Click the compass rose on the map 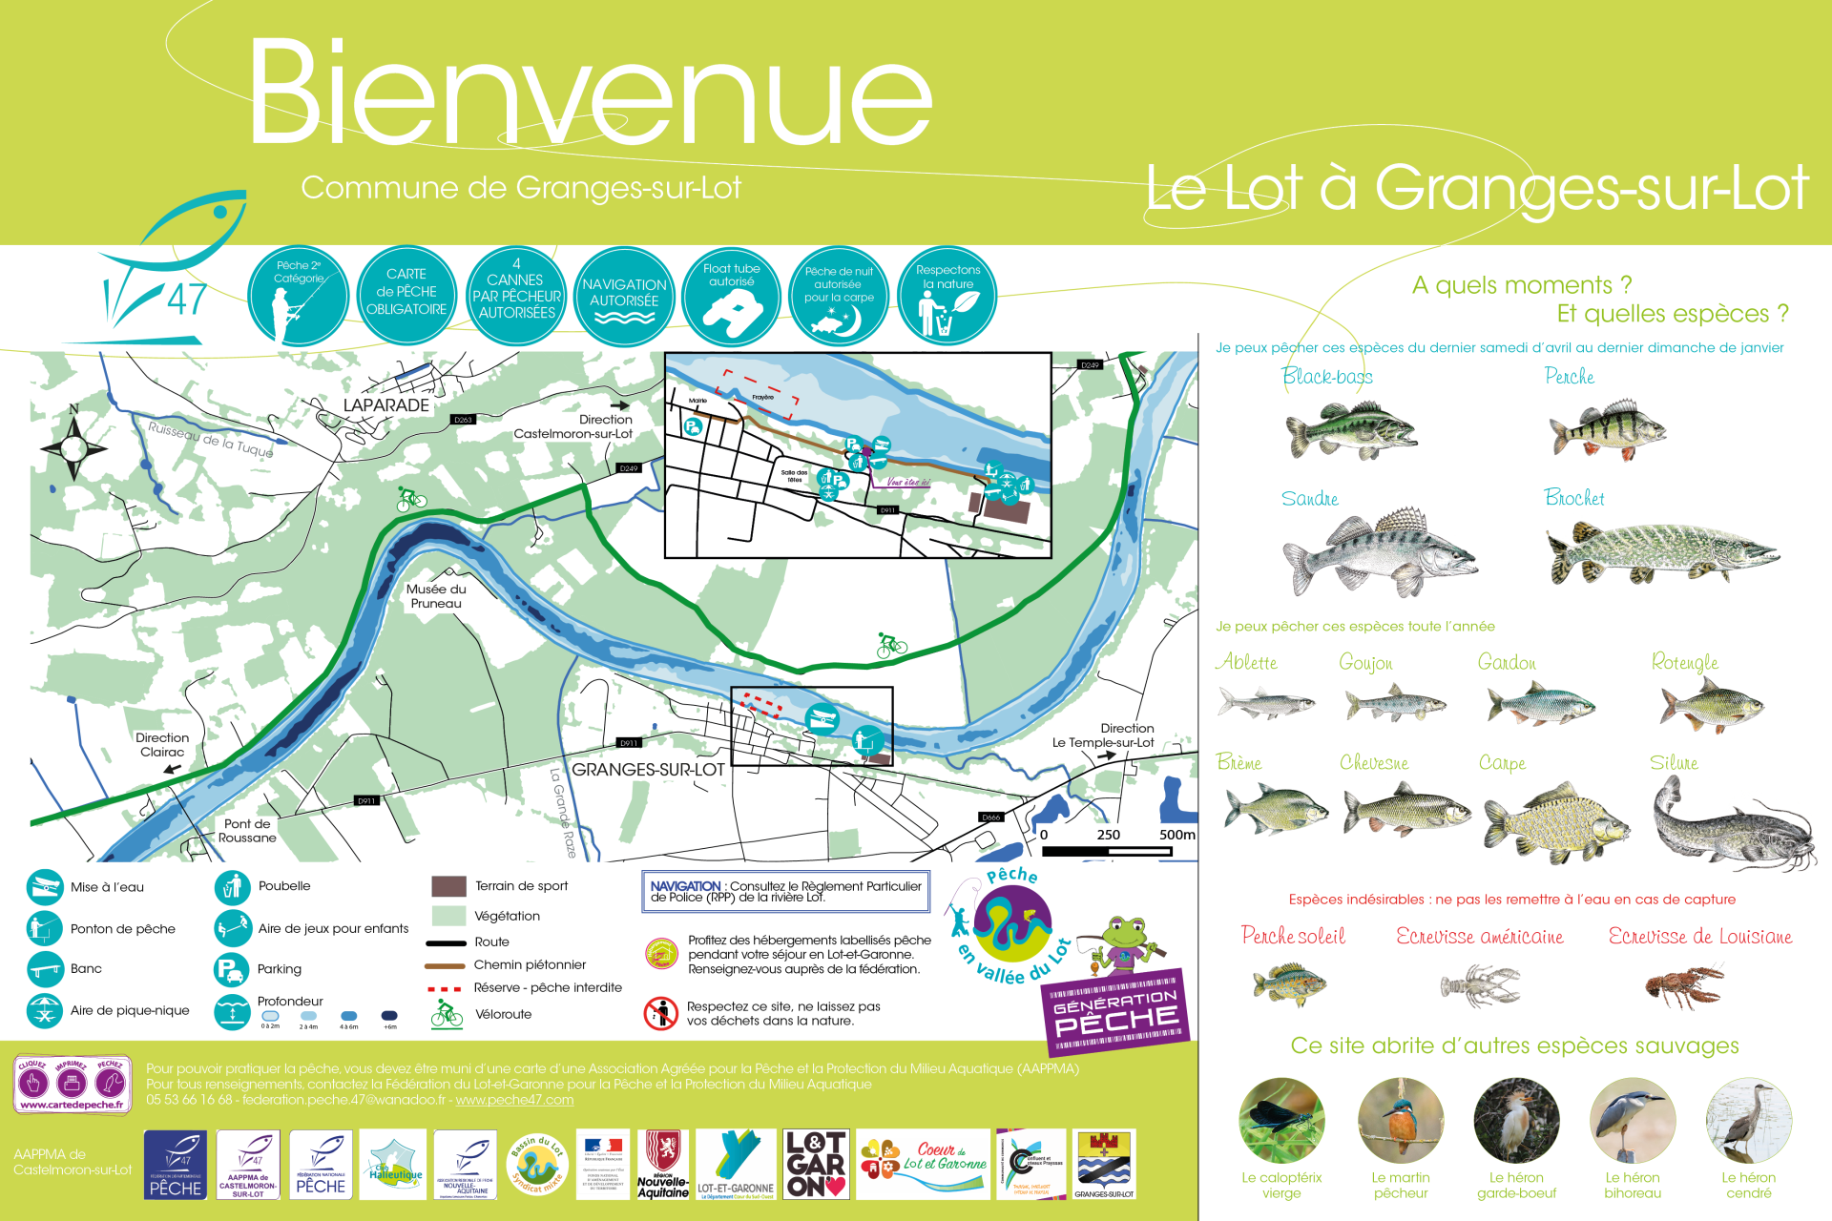pyautogui.click(x=74, y=446)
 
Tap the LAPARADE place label pyautogui.click(x=385, y=405)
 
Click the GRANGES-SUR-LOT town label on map pyautogui.click(x=648, y=770)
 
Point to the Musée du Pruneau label pyautogui.click(x=436, y=596)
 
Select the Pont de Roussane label pyautogui.click(x=247, y=831)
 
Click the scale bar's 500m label pyautogui.click(x=1176, y=835)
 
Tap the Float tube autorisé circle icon pyautogui.click(x=732, y=297)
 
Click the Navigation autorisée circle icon pyautogui.click(x=624, y=297)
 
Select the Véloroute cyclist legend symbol pyautogui.click(x=446, y=1014)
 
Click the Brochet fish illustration pyautogui.click(x=1660, y=553)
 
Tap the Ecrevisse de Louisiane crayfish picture pyautogui.click(x=1684, y=986)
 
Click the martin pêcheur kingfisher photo pyautogui.click(x=1400, y=1122)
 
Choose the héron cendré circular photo pyautogui.click(x=1748, y=1122)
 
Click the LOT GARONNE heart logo pyautogui.click(x=815, y=1164)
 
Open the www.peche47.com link pyautogui.click(x=514, y=1100)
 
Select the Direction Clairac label pyautogui.click(x=162, y=745)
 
